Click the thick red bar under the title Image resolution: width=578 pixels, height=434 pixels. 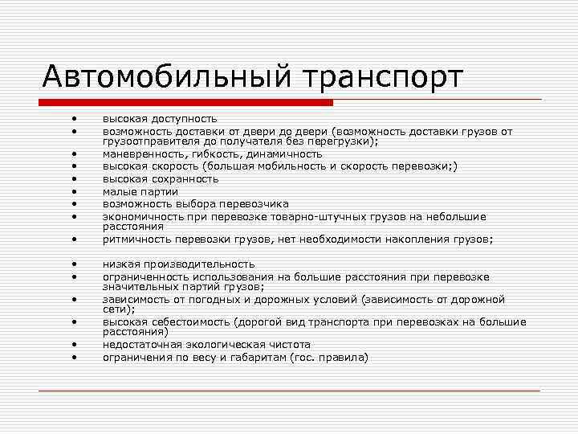coord(186,102)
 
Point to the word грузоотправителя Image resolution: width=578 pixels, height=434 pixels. coord(149,141)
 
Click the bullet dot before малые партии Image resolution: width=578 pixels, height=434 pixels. coord(72,191)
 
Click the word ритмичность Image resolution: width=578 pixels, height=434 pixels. coord(140,240)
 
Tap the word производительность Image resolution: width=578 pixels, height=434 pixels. coord(195,264)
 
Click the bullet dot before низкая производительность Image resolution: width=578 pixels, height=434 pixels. coord(72,264)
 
